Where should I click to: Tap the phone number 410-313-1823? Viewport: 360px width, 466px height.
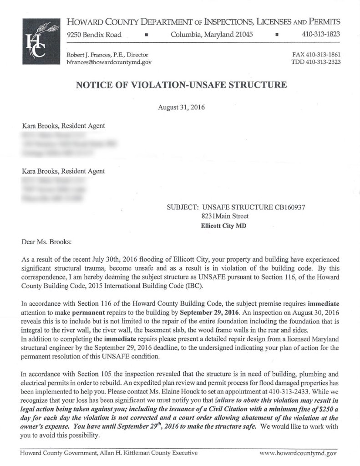click(x=322, y=35)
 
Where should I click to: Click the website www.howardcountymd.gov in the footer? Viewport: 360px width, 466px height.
click(x=298, y=453)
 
